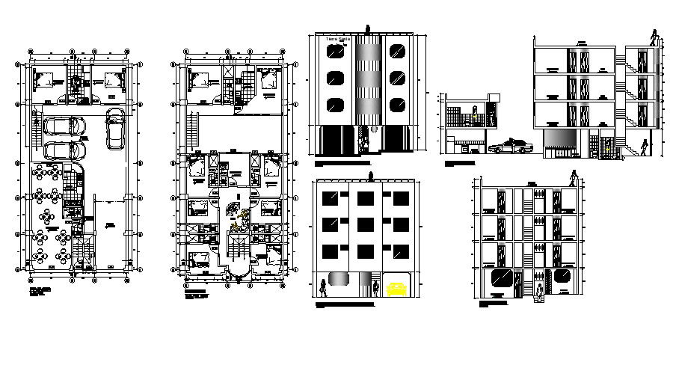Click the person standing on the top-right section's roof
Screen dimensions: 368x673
coord(655,38)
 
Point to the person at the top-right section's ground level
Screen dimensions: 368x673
coord(644,149)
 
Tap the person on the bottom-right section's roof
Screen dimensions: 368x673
coord(574,180)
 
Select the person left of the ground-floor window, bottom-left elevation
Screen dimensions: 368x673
coord(323,287)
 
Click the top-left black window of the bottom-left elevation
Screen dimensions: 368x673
coord(329,198)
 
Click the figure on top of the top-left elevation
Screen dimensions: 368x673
coord(367,30)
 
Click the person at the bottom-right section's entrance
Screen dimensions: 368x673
coord(538,288)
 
